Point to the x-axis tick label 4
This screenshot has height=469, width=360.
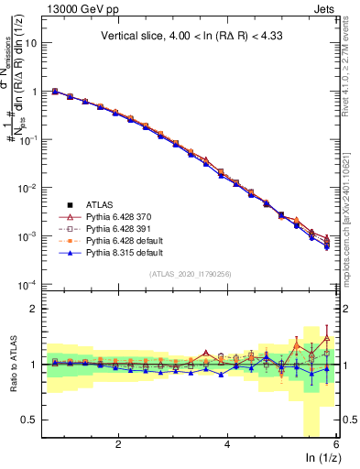[227, 444]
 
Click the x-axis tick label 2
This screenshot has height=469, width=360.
[118, 444]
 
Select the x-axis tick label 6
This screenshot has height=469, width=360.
[336, 444]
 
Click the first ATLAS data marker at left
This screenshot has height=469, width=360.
[55, 92]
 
